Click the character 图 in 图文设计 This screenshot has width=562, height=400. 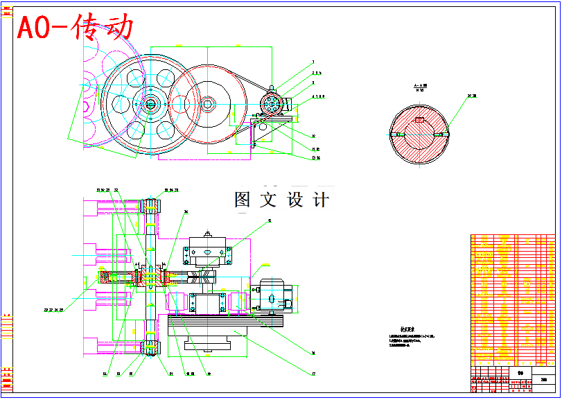[x=243, y=200]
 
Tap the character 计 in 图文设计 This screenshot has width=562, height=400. [x=321, y=200]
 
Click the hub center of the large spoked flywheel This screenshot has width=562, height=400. [x=150, y=105]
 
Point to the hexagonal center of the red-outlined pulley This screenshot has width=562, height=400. [x=207, y=105]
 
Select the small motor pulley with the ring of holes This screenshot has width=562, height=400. [x=272, y=105]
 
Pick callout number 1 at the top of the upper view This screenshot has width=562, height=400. [x=313, y=62]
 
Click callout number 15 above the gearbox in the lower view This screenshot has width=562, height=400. [x=270, y=220]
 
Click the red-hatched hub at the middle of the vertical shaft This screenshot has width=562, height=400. [x=150, y=279]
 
